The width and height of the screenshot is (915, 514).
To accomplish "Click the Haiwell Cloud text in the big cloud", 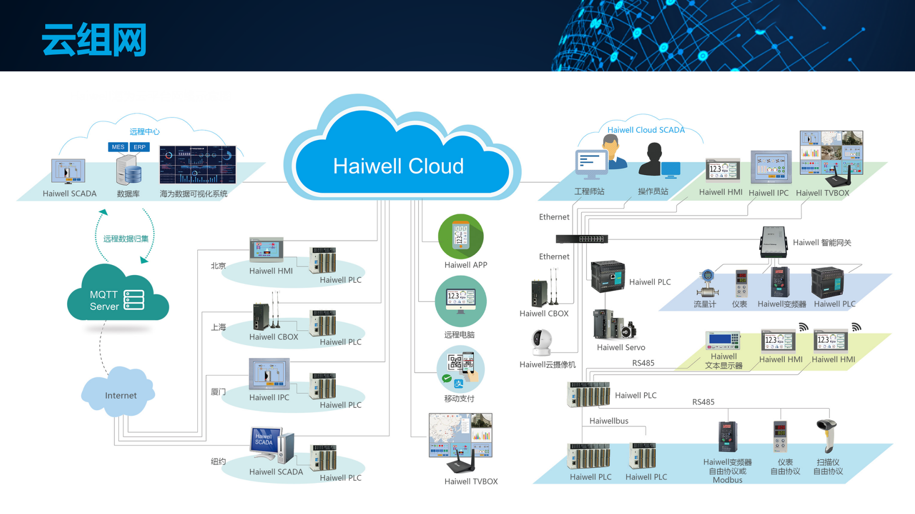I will pyautogui.click(x=398, y=166).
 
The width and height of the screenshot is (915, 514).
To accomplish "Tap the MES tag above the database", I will pyautogui.click(x=118, y=147).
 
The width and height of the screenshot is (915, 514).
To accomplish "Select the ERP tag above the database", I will pyautogui.click(x=140, y=147).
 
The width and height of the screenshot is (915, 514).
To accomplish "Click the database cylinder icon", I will pyautogui.click(x=129, y=170).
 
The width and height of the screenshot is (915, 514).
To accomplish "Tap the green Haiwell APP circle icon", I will pyautogui.click(x=461, y=236).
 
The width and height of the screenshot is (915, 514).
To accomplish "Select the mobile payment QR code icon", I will pyautogui.click(x=460, y=369).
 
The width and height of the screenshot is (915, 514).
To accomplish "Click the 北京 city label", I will pyautogui.click(x=218, y=266).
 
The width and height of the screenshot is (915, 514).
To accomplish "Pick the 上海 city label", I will pyautogui.click(x=218, y=327).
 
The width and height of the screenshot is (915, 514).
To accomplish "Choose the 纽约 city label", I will pyautogui.click(x=218, y=461).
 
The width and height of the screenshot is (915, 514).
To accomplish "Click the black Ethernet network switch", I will pyautogui.click(x=582, y=239).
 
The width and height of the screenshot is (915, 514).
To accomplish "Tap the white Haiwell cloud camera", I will pyautogui.click(x=541, y=342).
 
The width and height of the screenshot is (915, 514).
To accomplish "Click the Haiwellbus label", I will pyautogui.click(x=609, y=421).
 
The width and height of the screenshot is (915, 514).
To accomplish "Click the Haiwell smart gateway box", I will pyautogui.click(x=773, y=241).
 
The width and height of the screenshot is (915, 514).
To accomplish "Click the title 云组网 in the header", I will pyautogui.click(x=94, y=40).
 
